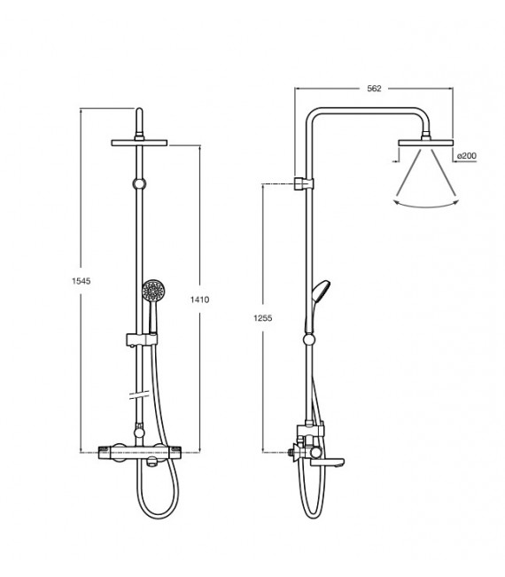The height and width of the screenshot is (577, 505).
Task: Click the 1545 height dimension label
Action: pyautogui.click(x=81, y=281)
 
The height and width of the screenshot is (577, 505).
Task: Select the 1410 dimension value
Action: pyautogui.click(x=200, y=300)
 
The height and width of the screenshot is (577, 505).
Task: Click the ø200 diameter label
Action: pyautogui.click(x=466, y=156)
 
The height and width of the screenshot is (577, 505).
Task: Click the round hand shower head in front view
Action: pyautogui.click(x=152, y=290)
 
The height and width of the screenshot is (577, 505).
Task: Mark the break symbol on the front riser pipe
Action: pyautogui.click(x=139, y=395)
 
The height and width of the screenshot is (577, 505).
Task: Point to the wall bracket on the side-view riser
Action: pyautogui.click(x=303, y=183)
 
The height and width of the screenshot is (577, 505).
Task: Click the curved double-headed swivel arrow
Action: pyautogui.click(x=426, y=203)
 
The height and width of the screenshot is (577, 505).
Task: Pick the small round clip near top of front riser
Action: pyautogui.click(x=139, y=183)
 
